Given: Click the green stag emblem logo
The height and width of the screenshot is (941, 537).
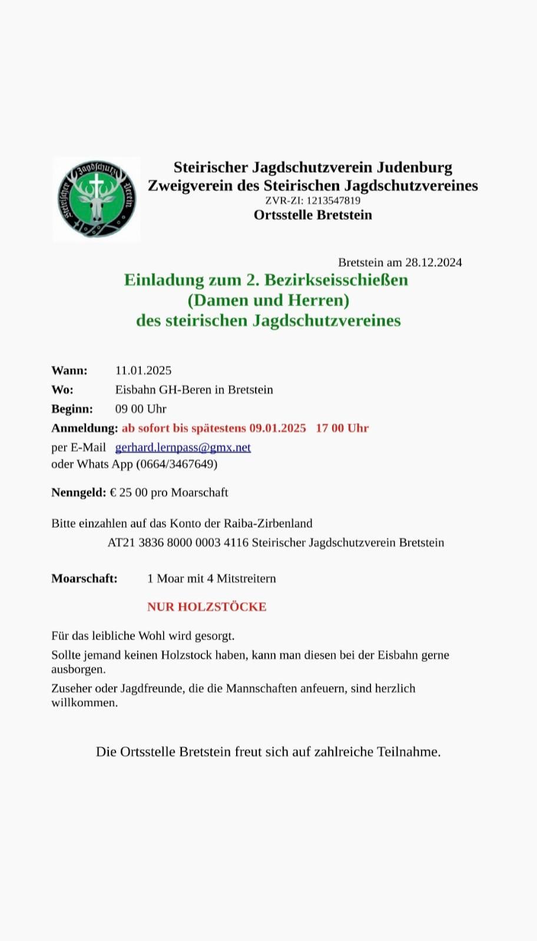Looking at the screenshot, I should [97, 199].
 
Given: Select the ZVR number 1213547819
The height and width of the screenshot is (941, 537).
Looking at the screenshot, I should [333, 200].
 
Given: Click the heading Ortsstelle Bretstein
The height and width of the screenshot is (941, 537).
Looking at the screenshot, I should [313, 215].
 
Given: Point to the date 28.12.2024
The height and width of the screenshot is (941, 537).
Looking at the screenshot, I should [433, 262].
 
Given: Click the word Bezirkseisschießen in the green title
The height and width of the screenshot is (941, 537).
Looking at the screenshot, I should [336, 280].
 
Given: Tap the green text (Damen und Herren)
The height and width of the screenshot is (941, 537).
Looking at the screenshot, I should [268, 300].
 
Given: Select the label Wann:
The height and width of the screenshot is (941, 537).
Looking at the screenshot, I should [69, 371].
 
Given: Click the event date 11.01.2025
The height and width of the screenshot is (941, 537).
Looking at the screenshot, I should [143, 371].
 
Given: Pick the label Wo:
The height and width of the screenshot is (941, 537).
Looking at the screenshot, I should [62, 390].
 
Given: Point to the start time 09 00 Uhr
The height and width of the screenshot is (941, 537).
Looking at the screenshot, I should [141, 409].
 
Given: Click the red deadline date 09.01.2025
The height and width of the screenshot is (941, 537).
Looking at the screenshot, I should [277, 428].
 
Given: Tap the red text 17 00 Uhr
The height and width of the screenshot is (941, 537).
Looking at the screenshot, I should [342, 428].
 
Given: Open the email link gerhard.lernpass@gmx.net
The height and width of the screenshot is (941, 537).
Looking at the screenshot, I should [183, 447].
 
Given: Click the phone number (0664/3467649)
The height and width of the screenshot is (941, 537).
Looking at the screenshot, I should [177, 464].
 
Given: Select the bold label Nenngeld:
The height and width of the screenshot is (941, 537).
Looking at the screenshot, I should [79, 493].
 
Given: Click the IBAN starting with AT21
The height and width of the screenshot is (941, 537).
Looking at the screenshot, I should [178, 543].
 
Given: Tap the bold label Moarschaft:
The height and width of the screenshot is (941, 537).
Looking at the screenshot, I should [84, 578].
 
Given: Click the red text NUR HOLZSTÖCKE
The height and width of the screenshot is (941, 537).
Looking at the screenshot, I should [207, 607].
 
